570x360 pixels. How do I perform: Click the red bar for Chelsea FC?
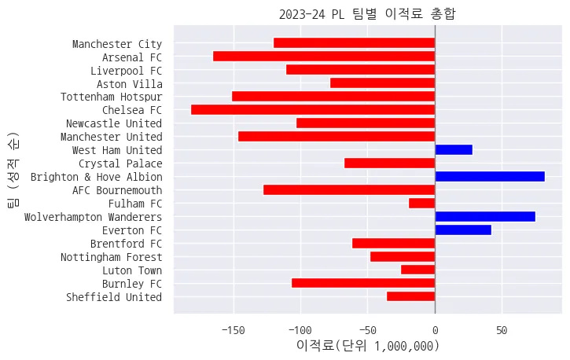click(313, 109)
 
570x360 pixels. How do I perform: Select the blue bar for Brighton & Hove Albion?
click(489, 176)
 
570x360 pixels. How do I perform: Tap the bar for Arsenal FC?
click(324, 57)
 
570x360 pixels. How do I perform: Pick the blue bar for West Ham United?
click(454, 149)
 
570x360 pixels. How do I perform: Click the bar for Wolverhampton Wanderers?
click(484, 216)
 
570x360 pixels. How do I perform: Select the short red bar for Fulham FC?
click(422, 203)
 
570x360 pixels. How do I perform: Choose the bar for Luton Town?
click(418, 270)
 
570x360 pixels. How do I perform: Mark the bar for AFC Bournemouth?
click(349, 189)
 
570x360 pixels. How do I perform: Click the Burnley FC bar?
click(363, 283)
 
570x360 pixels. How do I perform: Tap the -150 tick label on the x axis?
click(233, 330)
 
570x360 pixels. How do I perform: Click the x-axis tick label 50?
click(502, 330)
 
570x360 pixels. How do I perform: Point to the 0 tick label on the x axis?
click(435, 330)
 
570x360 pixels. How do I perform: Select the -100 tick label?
click(300, 330)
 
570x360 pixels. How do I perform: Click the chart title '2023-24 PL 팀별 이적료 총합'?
click(367, 13)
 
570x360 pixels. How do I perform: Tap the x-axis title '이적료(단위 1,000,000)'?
click(367, 346)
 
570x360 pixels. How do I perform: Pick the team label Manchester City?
click(116, 44)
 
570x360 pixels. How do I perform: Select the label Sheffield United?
click(114, 296)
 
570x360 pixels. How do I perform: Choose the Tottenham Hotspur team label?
click(111, 97)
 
